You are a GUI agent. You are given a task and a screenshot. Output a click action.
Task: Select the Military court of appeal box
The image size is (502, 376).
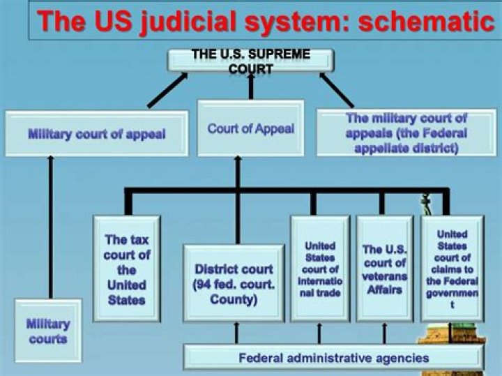96,133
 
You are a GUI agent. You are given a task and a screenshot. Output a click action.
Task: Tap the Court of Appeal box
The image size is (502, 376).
250,129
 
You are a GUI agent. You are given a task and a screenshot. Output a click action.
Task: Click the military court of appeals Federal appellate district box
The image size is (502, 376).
406,133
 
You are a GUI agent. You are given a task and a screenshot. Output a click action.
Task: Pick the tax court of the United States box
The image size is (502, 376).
127,269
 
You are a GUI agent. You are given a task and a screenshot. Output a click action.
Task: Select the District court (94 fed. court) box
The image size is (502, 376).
234,283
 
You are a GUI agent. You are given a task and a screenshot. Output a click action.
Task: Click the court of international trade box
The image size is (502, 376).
320,269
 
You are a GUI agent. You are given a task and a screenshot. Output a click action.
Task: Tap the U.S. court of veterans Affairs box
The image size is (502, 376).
384,269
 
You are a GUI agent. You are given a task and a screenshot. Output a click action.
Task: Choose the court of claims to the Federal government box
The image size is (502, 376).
452,269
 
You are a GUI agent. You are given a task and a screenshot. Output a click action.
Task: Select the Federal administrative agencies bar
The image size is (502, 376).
333,359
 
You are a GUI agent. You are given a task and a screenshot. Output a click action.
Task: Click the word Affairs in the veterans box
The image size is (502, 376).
385,289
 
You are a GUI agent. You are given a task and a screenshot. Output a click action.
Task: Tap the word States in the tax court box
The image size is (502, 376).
127,299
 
